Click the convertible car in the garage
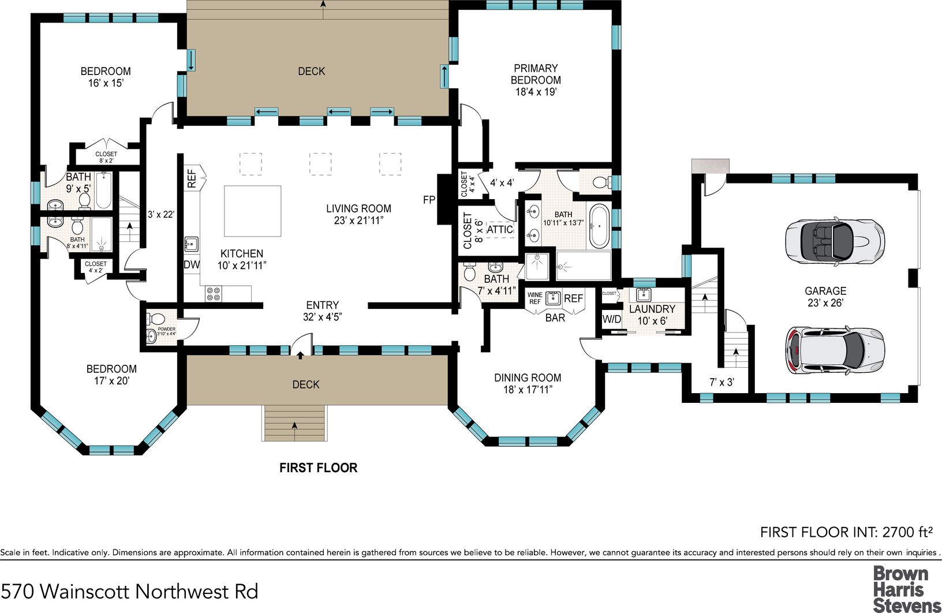(835, 241)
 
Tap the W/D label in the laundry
(611, 319)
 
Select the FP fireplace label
(429, 200)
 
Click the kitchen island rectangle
(252, 211)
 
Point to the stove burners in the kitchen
(213, 293)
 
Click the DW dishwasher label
(192, 265)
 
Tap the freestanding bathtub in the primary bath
(599, 226)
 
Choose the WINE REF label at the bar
(535, 298)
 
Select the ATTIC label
(500, 230)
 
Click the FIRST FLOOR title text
(319, 468)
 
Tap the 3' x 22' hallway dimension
(161, 214)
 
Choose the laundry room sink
(644, 295)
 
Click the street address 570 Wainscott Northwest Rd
(129, 592)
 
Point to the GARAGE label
(825, 291)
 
